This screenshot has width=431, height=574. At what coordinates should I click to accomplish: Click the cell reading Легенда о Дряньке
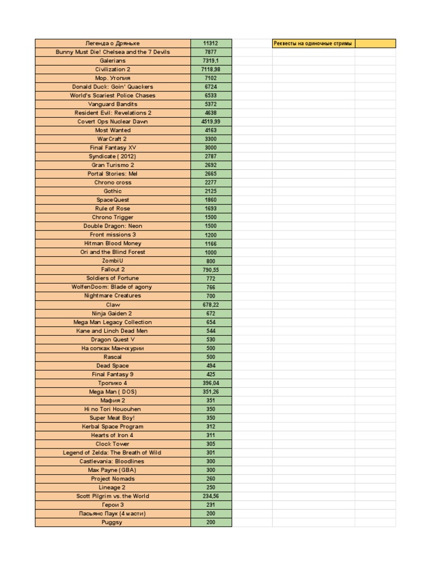(112, 43)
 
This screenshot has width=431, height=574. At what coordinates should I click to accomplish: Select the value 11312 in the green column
(210, 43)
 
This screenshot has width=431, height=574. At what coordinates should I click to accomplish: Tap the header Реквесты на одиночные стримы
(313, 43)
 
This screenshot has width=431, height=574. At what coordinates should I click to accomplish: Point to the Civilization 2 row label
(112, 70)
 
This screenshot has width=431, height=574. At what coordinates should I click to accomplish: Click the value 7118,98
(210, 70)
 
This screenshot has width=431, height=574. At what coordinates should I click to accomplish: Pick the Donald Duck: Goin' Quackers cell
(112, 87)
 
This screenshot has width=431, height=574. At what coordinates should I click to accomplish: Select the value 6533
(210, 95)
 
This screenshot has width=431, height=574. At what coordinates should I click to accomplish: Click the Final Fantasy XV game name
(112, 147)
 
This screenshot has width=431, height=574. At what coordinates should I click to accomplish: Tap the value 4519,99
(210, 122)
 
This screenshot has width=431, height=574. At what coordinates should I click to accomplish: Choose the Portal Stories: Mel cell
(112, 174)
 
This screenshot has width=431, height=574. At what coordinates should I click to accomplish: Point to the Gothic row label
(112, 191)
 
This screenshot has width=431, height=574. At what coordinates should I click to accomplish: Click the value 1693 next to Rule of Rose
(210, 209)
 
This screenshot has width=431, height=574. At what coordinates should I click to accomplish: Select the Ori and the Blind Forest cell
(112, 252)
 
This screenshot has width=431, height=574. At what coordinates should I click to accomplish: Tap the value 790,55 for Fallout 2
(210, 270)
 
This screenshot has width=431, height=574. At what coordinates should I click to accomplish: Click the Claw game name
(112, 304)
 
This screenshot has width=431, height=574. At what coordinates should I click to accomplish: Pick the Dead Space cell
(112, 365)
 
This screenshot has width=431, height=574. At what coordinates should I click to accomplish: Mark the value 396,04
(210, 383)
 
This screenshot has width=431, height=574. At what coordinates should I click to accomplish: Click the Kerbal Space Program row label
(112, 427)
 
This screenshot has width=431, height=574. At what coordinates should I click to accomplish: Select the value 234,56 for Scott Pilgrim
(210, 496)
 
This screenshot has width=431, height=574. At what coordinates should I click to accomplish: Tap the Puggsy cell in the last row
(112, 522)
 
